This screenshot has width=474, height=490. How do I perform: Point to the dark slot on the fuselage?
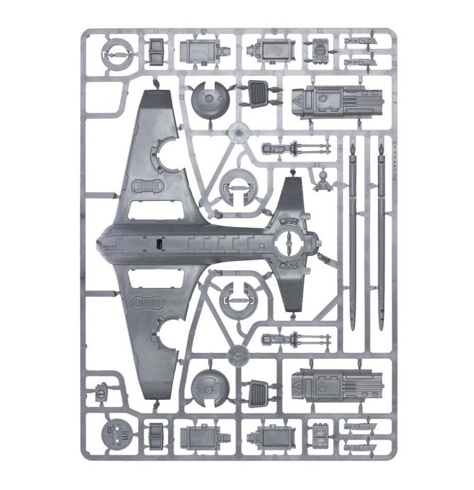(159, 244)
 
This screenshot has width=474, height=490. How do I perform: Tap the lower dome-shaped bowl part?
(208, 386)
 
